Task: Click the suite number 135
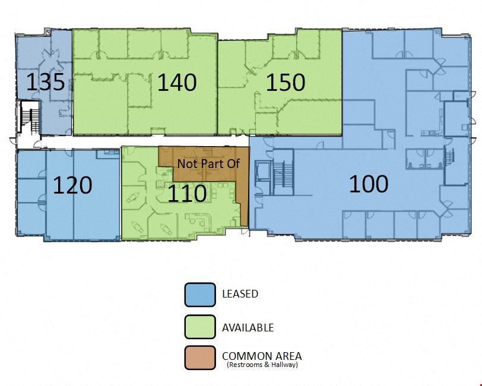point(46,82)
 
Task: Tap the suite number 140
point(177,83)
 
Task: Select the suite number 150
point(286,83)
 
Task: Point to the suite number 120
point(72,185)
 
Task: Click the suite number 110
point(187,194)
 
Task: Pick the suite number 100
point(369,184)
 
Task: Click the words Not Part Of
point(208,164)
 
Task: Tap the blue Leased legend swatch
point(200,295)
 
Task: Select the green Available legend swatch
point(200,327)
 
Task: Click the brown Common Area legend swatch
point(200,357)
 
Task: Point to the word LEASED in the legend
point(240,294)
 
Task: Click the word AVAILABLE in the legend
point(248,328)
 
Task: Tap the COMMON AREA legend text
point(262,356)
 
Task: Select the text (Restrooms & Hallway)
point(262,365)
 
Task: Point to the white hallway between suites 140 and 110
point(144,141)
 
